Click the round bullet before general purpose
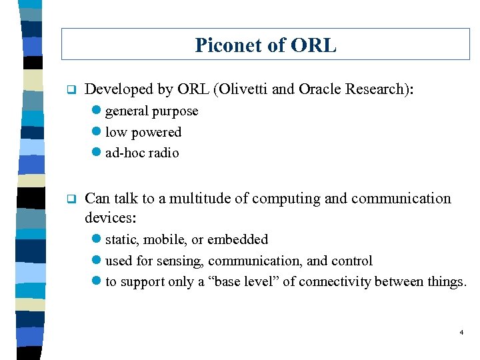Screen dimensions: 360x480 pos(97,111)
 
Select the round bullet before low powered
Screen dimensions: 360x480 pos(97,132)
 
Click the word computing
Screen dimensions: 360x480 pos(287,199)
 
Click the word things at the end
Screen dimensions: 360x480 pos(447,281)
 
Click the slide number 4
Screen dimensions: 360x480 pos(461,331)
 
